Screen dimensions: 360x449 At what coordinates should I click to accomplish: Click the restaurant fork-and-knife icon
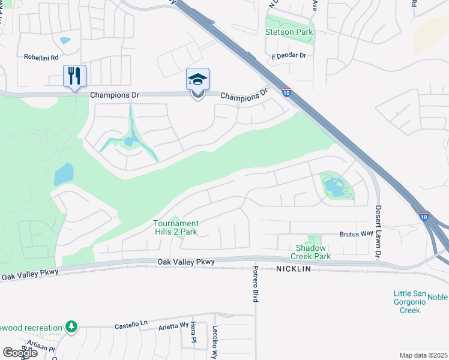pyautogui.click(x=75, y=76)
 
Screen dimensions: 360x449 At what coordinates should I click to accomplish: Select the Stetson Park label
pyautogui.click(x=289, y=32)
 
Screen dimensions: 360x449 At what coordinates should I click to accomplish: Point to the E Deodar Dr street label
pyautogui.click(x=289, y=55)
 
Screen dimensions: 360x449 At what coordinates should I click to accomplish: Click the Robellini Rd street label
pyautogui.click(x=41, y=58)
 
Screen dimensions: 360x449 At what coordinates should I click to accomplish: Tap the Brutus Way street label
pyautogui.click(x=357, y=233)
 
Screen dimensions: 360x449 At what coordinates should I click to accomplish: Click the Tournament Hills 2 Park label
pyautogui.click(x=175, y=227)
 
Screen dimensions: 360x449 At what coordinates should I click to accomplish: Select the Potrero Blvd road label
pyautogui.click(x=255, y=283)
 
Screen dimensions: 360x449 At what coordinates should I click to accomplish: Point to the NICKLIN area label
pyautogui.click(x=294, y=269)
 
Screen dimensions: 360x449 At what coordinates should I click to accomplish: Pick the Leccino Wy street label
pyautogui.click(x=214, y=342)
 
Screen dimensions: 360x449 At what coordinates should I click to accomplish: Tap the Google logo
pyautogui.click(x=20, y=353)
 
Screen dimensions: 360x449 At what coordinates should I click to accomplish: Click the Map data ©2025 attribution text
pyautogui.click(x=423, y=355)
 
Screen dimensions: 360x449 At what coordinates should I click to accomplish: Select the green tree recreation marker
pyautogui.click(x=72, y=326)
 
